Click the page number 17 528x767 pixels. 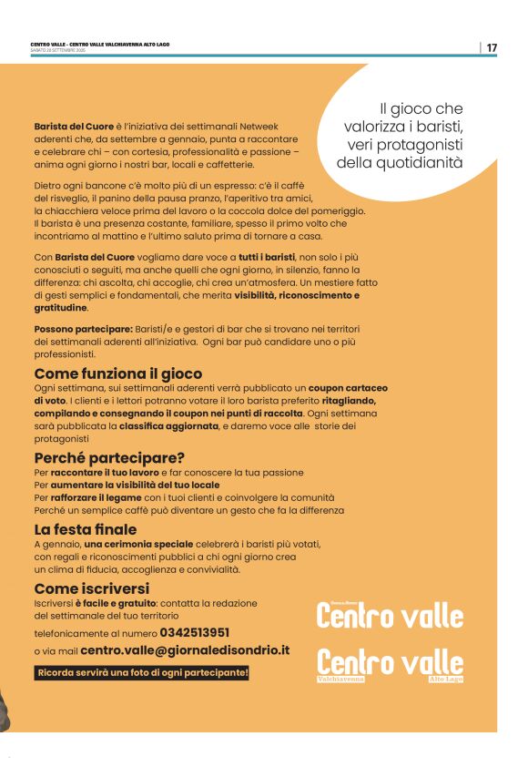point(492,47)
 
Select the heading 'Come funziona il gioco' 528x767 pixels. point(118,373)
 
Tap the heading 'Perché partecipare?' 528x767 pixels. point(109,457)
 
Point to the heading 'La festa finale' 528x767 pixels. point(86,529)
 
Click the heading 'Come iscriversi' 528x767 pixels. point(91,588)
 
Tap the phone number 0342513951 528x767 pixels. point(194,632)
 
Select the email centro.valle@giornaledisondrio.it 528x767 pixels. point(185,650)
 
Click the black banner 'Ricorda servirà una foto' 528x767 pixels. point(141,673)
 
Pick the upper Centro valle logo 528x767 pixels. point(390,616)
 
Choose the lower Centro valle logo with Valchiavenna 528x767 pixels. point(390,663)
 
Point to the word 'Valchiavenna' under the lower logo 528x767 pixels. point(340,680)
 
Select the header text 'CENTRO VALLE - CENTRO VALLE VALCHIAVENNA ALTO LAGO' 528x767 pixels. point(100,44)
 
